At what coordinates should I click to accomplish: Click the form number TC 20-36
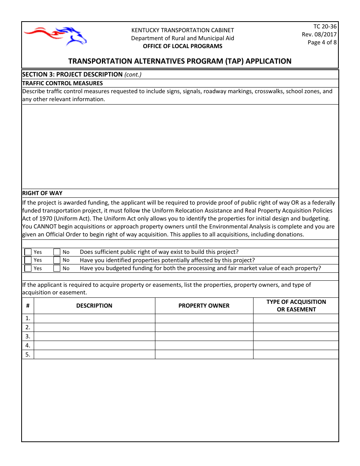(x=325, y=27)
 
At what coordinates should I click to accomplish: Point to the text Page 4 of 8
(x=322, y=42)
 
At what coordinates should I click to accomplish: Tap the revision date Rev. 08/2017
(x=319, y=34)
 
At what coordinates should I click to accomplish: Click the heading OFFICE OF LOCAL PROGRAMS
(x=182, y=46)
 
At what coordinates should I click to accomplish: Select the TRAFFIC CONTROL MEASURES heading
(x=63, y=83)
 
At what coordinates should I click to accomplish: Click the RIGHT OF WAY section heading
(x=42, y=193)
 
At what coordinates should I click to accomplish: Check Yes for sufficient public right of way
(x=28, y=252)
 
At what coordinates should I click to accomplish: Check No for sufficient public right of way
(x=57, y=252)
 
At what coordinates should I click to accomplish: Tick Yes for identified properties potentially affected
(x=28, y=260)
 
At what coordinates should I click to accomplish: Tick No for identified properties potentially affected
(x=57, y=260)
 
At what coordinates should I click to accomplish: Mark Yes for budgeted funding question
(x=28, y=268)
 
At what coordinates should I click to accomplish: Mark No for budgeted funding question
(x=57, y=268)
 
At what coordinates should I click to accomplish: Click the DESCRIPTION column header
(x=94, y=306)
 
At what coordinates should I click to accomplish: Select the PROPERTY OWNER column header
(x=204, y=306)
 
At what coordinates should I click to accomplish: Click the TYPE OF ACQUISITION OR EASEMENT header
(x=296, y=306)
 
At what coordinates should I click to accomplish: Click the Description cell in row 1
(x=94, y=318)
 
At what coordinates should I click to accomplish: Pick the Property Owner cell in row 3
(x=204, y=336)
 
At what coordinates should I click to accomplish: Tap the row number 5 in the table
(x=28, y=355)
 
